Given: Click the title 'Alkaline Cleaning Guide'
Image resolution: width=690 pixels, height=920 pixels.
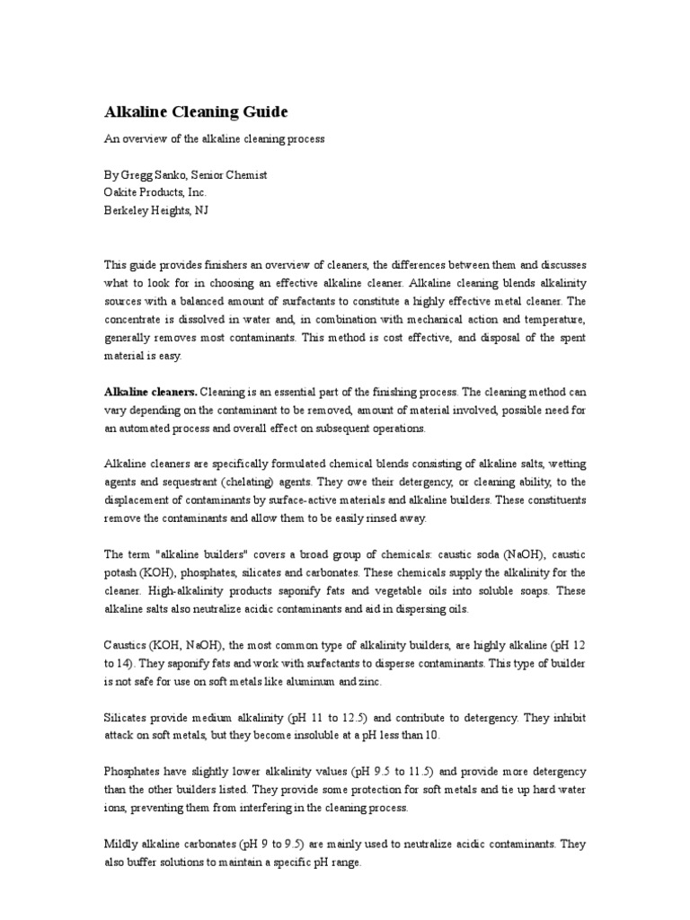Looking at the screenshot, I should (196, 112).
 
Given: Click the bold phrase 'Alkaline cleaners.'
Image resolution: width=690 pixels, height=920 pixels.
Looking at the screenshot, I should (150, 392).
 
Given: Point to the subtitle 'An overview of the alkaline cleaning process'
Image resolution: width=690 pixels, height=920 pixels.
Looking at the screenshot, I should (214, 139).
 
